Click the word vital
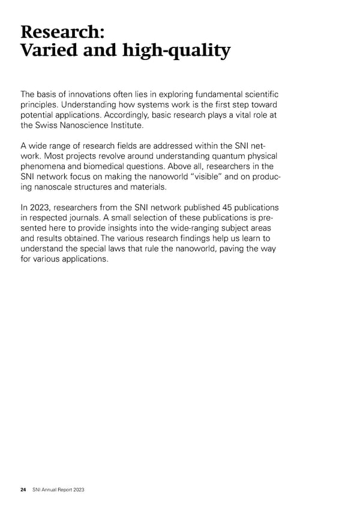(243, 115)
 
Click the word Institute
(144, 126)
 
